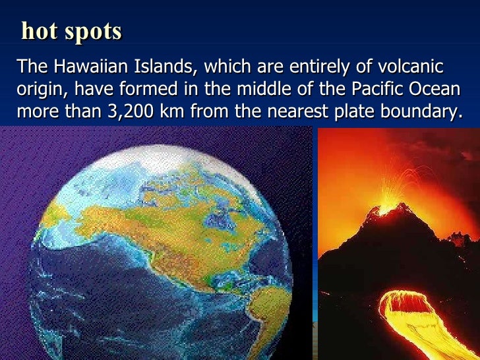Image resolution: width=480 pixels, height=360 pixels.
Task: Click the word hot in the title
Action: pos(38,31)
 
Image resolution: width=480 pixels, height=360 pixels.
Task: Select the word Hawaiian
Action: pos(84,67)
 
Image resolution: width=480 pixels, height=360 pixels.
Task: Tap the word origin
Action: pos(37,90)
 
